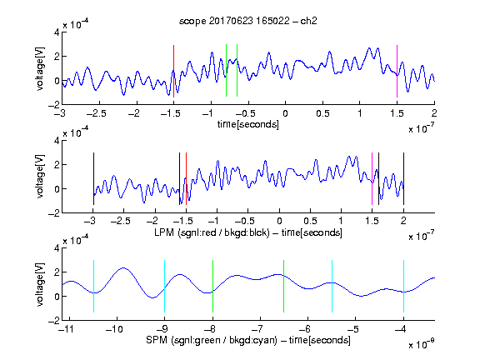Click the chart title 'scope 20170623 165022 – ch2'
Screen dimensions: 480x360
[x=248, y=21]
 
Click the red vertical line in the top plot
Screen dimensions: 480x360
[x=173, y=71]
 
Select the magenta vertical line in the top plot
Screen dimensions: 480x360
[x=397, y=71]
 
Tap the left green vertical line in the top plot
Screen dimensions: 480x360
[x=226, y=70]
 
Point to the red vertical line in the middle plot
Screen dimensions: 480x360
[x=186, y=179]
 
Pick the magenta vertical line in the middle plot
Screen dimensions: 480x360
[x=372, y=179]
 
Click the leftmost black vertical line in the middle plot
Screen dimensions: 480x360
[x=93, y=179]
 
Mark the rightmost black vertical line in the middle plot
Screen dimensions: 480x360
[x=404, y=179]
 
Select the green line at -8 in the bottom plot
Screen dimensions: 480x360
[x=212, y=286]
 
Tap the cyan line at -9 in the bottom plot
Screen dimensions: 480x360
[x=165, y=286]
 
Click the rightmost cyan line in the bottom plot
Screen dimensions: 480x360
[x=404, y=286]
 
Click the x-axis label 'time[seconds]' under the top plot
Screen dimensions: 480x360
[x=248, y=124]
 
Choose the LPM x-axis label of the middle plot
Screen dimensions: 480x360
[x=248, y=232]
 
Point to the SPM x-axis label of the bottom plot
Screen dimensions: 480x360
[x=248, y=340]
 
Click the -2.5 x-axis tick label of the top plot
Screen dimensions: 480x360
[x=97, y=113]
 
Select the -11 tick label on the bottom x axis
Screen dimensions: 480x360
[x=67, y=329]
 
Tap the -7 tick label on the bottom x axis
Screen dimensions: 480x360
[x=259, y=329]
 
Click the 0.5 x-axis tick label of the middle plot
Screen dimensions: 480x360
[x=310, y=221]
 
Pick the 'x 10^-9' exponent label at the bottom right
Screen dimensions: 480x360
[x=421, y=345]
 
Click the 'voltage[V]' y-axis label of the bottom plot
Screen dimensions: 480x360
[x=40, y=284]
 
